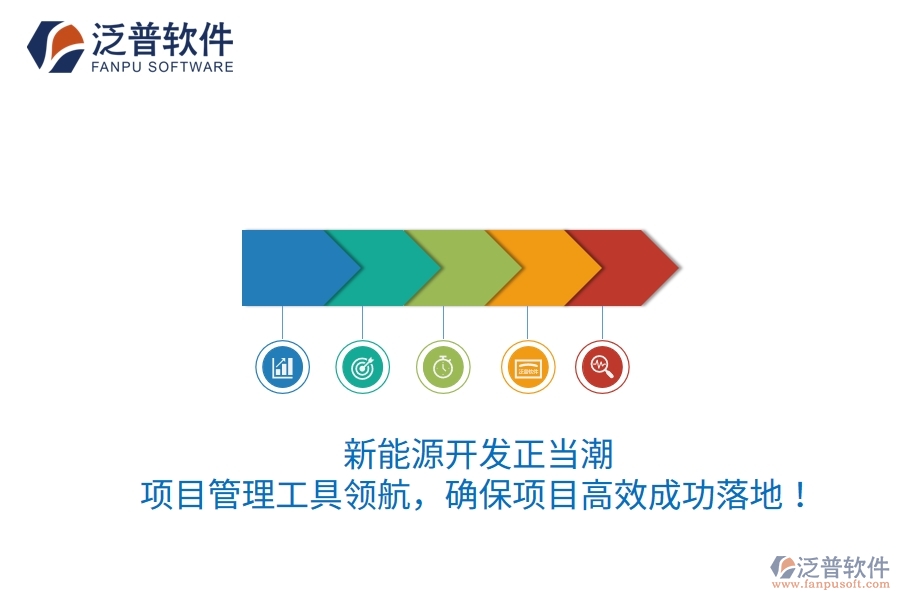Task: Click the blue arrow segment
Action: (x=285, y=267)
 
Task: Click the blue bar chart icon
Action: (x=282, y=367)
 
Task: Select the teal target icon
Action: (x=362, y=367)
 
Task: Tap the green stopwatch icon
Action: (x=443, y=367)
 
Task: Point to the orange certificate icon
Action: (x=527, y=367)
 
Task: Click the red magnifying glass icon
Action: (x=602, y=367)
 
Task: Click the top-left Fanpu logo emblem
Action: (x=55, y=46)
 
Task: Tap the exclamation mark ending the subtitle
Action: (x=797, y=495)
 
